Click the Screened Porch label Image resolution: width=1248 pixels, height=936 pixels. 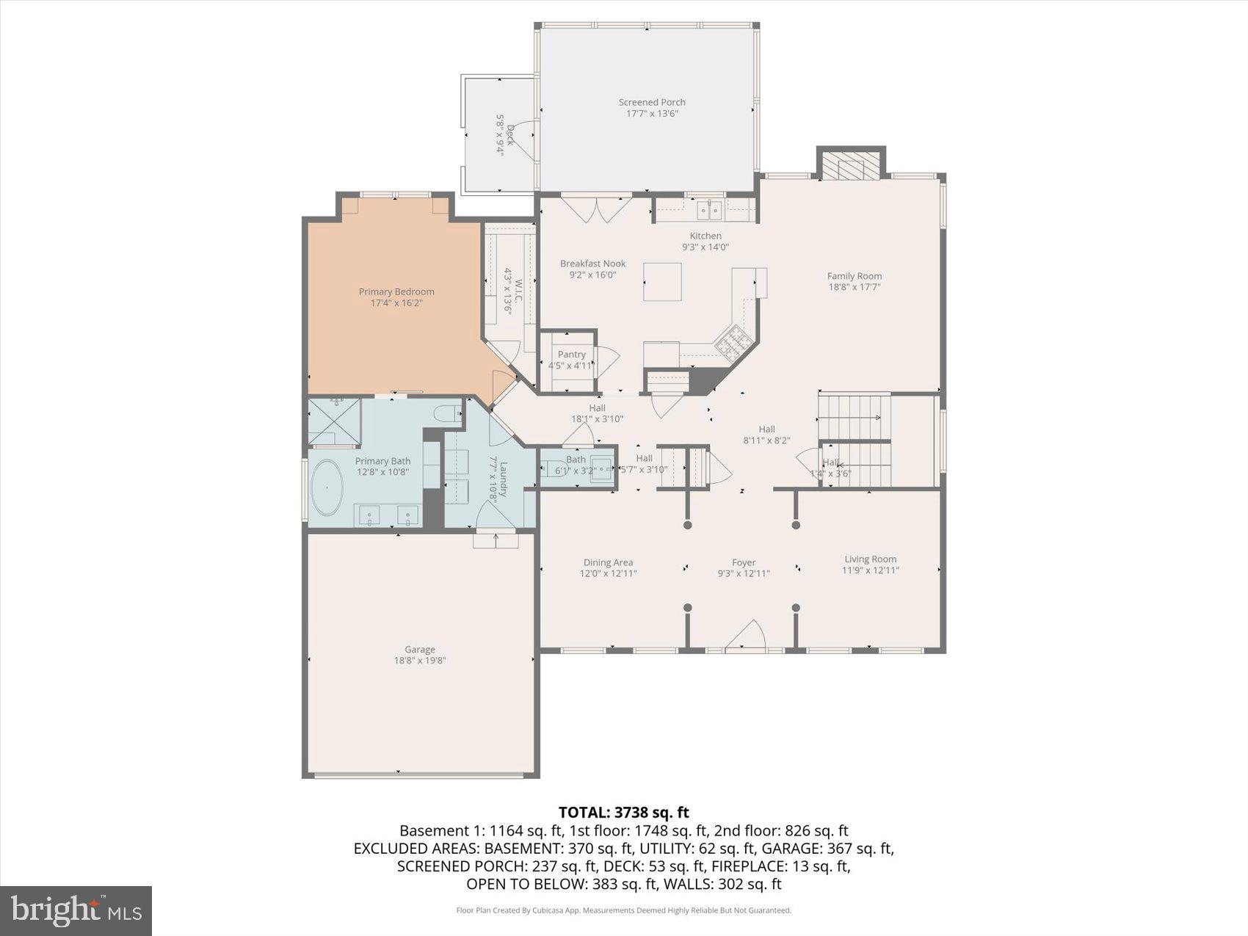tap(651, 102)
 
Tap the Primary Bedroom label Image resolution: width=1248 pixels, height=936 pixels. tap(396, 291)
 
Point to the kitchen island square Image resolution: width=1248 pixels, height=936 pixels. tap(662, 281)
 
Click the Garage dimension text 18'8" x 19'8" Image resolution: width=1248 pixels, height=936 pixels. tap(420, 661)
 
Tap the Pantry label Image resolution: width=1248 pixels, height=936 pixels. tap(571, 355)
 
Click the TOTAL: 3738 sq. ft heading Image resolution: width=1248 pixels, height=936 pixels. tap(623, 812)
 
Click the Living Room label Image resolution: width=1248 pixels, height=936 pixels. tap(870, 559)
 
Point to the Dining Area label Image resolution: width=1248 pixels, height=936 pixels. tap(608, 562)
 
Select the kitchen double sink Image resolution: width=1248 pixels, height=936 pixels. tap(709, 211)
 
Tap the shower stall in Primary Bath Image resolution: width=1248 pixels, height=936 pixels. tap(334, 421)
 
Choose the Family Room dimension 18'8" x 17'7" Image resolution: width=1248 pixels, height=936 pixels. tap(854, 287)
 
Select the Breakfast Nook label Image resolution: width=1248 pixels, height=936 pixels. tap(592, 264)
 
